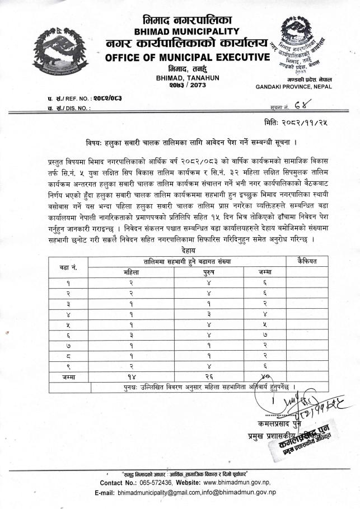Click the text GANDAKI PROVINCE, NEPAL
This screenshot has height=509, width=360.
(x=293, y=87)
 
